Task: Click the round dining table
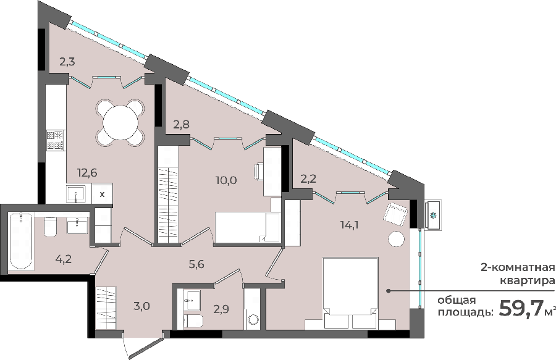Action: pos(120,123)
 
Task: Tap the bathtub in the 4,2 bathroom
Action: pos(21,241)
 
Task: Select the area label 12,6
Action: pos(87,173)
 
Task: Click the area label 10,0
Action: pos(227,180)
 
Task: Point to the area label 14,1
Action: pos(350,225)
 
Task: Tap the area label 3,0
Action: pos(141,306)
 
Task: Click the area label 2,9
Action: pos(221,309)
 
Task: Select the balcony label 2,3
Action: pos(67,62)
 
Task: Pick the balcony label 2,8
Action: pos(181,124)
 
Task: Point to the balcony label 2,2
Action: pos(308,179)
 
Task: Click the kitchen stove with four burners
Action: pos(56,140)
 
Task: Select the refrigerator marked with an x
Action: pos(102,193)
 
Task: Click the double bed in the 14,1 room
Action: pos(350,293)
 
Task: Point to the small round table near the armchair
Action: pos(397,239)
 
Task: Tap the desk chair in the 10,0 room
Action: pos(259,171)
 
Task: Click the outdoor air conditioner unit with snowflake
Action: pos(433,215)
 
